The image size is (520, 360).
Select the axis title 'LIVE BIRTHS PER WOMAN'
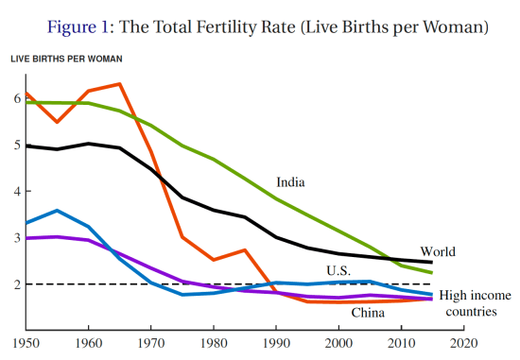point(66,60)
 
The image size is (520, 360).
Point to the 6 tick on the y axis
point(16,98)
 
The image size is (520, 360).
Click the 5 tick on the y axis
point(16,145)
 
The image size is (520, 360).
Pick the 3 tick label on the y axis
point(16,237)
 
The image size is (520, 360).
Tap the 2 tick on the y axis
point(16,283)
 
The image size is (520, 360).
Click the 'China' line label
point(369,312)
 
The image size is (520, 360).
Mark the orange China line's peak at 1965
point(120,84)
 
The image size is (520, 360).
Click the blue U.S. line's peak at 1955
point(57,210)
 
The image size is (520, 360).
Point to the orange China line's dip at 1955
point(57,122)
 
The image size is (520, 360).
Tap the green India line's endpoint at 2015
point(433,272)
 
